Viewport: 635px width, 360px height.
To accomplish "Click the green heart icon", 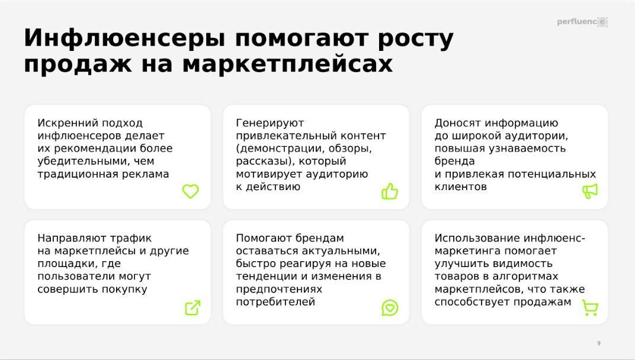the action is (190, 191).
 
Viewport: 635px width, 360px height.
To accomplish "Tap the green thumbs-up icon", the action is (390, 191).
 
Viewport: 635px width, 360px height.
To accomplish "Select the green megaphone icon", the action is (590, 191).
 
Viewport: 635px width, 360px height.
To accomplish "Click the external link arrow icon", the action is (193, 308).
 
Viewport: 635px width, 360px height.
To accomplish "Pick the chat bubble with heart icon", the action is (390, 308).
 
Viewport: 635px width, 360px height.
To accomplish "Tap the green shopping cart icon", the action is (590, 308).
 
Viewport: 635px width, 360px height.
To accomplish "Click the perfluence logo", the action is (582, 22).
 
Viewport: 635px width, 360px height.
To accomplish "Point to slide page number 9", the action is (599, 343).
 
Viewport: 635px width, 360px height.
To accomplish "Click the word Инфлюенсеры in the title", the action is (125, 38).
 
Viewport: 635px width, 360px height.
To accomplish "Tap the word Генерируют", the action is (270, 123).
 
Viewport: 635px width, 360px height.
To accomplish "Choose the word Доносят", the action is (458, 123).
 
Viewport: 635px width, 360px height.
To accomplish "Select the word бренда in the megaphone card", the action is (454, 161).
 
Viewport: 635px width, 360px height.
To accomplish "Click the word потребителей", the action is (275, 302).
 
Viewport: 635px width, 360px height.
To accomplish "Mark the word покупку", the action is (124, 290).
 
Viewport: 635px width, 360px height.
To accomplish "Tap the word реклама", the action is (148, 174).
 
